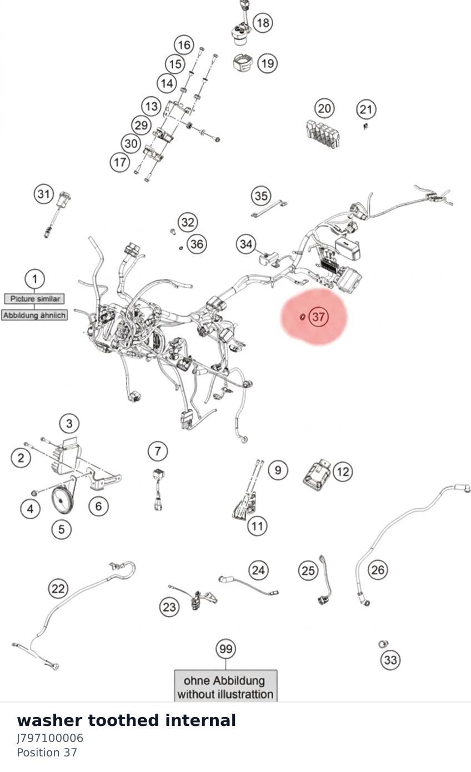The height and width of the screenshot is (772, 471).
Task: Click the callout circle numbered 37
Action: [318, 317]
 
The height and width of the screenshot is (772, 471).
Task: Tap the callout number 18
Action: [263, 23]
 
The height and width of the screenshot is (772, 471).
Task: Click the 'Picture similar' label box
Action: [34, 298]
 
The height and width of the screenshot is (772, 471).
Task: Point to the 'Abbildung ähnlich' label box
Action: [34, 315]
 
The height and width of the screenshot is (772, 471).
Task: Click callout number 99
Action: [226, 649]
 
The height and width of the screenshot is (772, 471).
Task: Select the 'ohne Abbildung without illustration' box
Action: [226, 686]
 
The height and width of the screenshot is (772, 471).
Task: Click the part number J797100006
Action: [50, 738]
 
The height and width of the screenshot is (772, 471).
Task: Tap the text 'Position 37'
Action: [47, 753]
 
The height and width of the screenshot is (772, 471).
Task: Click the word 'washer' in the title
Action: [49, 721]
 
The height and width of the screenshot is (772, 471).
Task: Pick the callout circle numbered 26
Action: [378, 570]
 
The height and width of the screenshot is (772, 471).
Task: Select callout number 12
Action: [343, 472]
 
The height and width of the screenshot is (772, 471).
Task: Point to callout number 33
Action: [390, 660]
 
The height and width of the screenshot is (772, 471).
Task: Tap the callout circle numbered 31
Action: [44, 194]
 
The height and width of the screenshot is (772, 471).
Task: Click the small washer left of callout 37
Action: [303, 317]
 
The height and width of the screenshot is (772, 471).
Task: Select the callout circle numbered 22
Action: [58, 588]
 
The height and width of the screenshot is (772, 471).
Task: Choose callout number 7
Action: [158, 451]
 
